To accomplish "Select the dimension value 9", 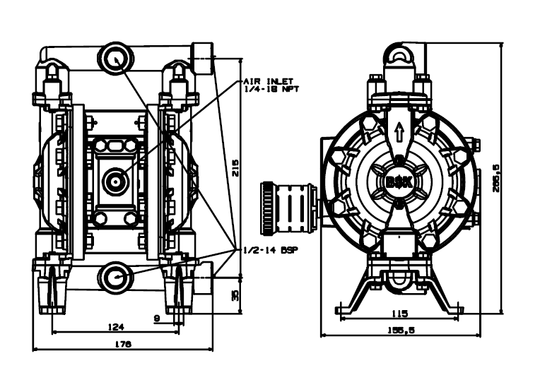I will click(x=156, y=319).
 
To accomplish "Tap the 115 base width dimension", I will click(x=400, y=313).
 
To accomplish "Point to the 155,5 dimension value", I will click(x=401, y=330).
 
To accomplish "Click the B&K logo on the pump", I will click(x=400, y=181).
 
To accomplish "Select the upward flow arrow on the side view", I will click(x=400, y=132).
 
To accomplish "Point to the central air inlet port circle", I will click(x=113, y=181).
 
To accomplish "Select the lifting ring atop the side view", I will click(x=401, y=56).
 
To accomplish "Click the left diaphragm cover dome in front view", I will click(x=42, y=180).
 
